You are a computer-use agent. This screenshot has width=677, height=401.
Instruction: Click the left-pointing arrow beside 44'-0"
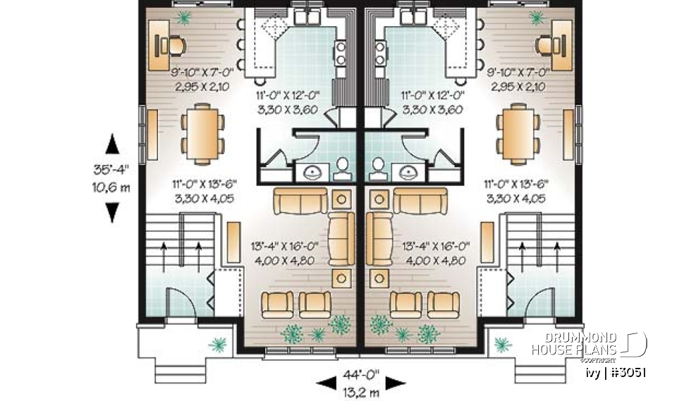coord(326,383)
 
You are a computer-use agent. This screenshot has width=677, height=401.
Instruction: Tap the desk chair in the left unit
coord(173,45)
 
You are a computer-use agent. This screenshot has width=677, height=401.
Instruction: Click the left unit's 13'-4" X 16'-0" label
coord(286,246)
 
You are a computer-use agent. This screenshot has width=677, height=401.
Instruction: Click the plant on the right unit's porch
coord(502,344)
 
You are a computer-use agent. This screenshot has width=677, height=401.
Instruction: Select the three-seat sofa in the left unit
coord(298,202)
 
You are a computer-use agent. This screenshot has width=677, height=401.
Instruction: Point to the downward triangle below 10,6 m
coord(112,212)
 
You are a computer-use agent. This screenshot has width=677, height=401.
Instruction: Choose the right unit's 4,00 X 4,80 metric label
coord(435,260)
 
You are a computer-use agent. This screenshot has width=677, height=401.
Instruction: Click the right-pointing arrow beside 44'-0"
coord(396,383)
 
